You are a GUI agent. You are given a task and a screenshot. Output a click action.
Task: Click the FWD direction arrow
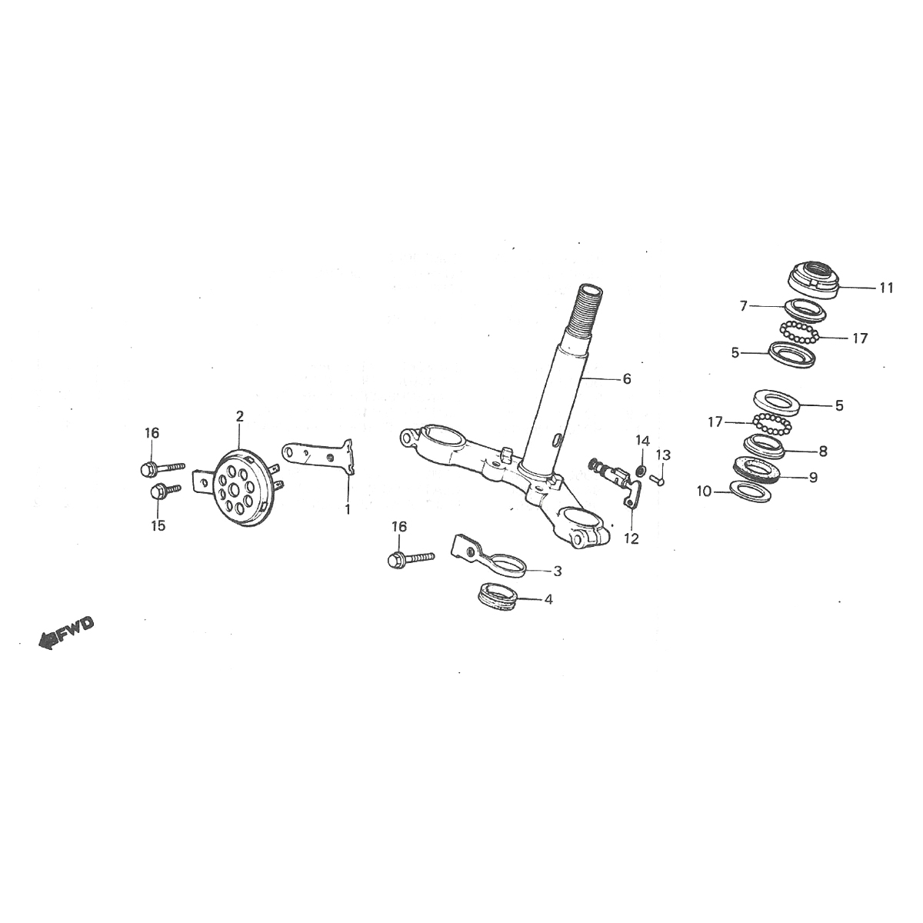(x=65, y=632)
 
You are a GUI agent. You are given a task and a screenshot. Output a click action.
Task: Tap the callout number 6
(x=626, y=378)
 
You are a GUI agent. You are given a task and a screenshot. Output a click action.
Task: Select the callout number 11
(x=886, y=288)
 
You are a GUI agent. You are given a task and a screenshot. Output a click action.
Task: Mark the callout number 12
(x=631, y=539)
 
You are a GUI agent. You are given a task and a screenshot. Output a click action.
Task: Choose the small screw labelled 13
(x=656, y=478)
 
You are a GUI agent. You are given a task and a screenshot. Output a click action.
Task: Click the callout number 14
(x=642, y=441)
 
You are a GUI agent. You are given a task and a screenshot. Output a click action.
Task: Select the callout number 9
(x=813, y=477)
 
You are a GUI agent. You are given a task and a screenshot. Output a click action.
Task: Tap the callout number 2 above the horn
(x=240, y=416)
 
